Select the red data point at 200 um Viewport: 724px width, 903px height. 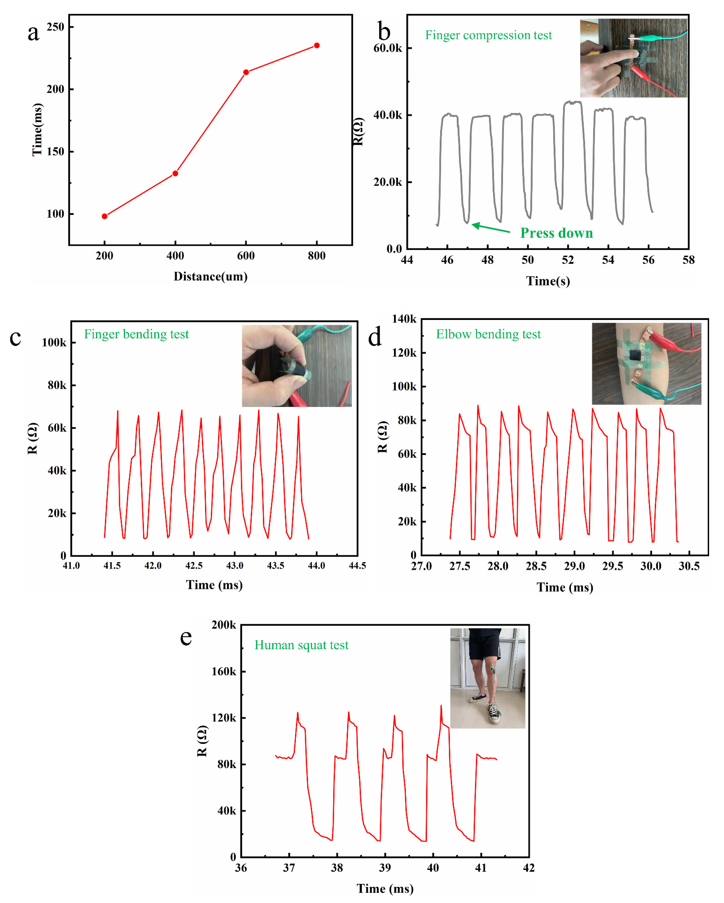[x=105, y=216]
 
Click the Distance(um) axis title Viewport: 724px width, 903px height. [x=211, y=276]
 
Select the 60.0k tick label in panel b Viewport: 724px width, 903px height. [x=387, y=48]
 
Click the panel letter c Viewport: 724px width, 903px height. [x=15, y=338]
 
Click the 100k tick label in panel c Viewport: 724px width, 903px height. [x=54, y=343]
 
